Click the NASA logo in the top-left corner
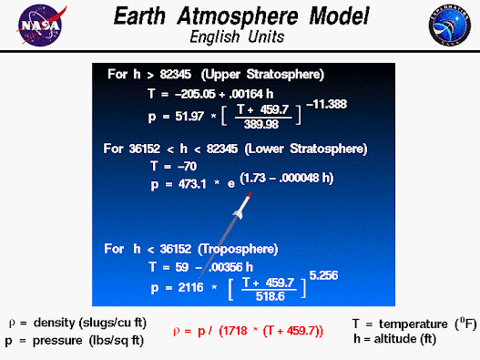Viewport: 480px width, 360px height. point(41,26)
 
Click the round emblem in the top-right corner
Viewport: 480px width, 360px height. point(450,26)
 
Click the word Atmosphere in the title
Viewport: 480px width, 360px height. point(238,15)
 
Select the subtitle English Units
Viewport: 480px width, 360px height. point(237,37)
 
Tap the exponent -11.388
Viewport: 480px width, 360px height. point(326,104)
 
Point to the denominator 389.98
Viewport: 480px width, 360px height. point(261,124)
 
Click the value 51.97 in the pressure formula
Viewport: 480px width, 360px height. point(189,117)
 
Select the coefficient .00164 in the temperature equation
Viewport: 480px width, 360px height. point(246,94)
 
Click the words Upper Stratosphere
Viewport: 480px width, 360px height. point(262,75)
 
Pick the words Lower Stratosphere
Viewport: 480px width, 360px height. point(306,149)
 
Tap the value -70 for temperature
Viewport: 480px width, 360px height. point(188,167)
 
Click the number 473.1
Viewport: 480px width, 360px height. point(192,184)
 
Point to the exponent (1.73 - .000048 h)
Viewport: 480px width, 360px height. point(287,178)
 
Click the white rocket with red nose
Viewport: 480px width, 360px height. point(242,206)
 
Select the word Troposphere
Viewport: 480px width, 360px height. point(238,249)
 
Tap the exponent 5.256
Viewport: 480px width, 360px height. point(323,275)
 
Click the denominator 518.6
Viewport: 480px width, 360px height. point(270,296)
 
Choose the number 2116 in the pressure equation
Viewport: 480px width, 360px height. point(190,288)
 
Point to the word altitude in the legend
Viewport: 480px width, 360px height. point(395,339)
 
